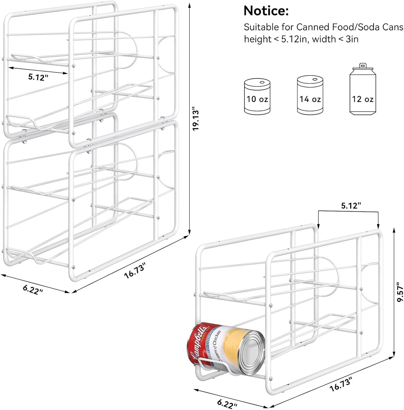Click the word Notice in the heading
[x=266, y=11]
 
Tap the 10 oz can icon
[x=257, y=96]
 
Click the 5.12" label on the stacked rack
[x=38, y=77]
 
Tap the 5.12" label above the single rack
[x=351, y=206]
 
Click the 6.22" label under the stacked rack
[x=33, y=289]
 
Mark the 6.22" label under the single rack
[x=227, y=404]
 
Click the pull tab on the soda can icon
[x=363, y=65]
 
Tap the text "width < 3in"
[x=335, y=39]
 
